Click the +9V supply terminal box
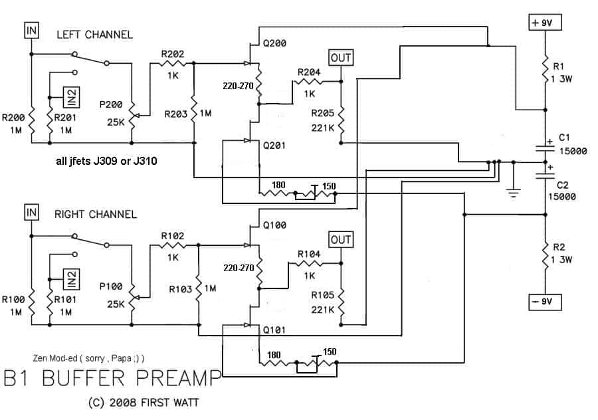point(545,23)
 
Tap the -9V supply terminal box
point(545,302)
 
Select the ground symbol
point(514,193)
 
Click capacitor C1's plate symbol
point(546,148)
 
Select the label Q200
point(274,43)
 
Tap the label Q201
point(274,146)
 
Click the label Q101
point(274,330)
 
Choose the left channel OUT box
point(341,58)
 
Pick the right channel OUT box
point(341,239)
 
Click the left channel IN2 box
point(71,97)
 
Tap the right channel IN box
point(31,212)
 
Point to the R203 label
point(176,114)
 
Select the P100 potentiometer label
point(111,286)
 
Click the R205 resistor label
point(323,113)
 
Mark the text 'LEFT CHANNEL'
point(94,35)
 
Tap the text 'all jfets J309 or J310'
point(106,161)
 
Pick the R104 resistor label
point(309,254)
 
